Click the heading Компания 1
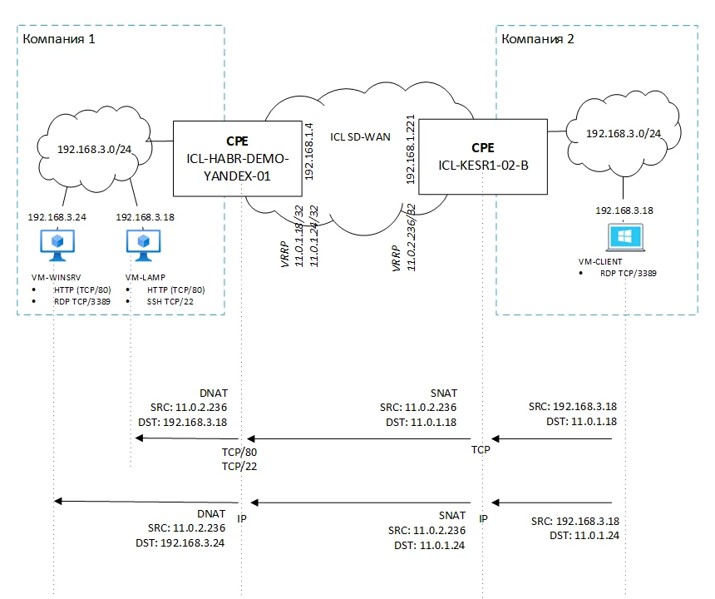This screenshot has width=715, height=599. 59,39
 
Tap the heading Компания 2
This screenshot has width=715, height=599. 537,39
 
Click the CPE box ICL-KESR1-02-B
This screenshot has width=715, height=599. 483,156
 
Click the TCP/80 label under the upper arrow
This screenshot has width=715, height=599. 240,453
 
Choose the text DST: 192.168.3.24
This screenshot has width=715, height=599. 180,542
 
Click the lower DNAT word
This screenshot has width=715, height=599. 214,514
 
